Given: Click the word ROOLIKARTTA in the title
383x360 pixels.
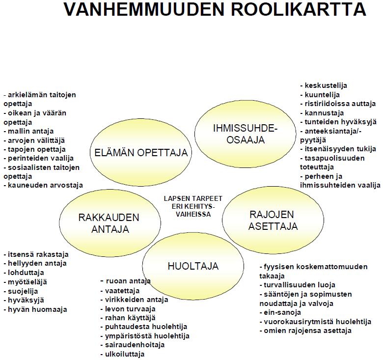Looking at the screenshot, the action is click(x=298, y=9).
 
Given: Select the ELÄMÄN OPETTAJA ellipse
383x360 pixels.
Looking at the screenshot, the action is click(x=141, y=153).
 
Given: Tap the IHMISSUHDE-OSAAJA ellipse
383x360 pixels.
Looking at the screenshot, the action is click(x=245, y=134).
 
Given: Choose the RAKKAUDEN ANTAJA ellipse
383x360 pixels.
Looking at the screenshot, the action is click(x=110, y=223).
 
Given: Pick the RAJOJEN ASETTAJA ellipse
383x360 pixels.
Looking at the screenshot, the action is click(x=273, y=221).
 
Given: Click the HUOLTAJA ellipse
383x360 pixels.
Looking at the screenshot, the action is click(x=193, y=266).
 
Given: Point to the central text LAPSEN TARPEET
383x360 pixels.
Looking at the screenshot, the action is click(x=193, y=198).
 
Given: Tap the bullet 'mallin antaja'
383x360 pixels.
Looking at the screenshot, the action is click(x=28, y=131).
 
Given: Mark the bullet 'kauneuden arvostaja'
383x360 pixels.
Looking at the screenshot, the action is click(x=43, y=185).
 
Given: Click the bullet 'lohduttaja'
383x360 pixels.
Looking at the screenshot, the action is click(x=24, y=273).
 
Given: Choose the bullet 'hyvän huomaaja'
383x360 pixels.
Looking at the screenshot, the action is click(x=35, y=310).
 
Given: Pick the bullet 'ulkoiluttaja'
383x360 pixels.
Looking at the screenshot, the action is click(x=122, y=354).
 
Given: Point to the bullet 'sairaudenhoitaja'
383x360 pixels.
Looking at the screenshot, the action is click(x=133, y=345).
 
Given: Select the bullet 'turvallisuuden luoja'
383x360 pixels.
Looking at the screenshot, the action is click(x=298, y=285).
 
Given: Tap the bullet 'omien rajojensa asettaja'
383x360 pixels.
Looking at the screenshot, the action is click(x=305, y=331).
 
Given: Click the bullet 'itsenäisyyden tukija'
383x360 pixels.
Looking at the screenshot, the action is click(x=338, y=149).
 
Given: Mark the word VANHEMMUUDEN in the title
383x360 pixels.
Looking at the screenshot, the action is click(x=144, y=9).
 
